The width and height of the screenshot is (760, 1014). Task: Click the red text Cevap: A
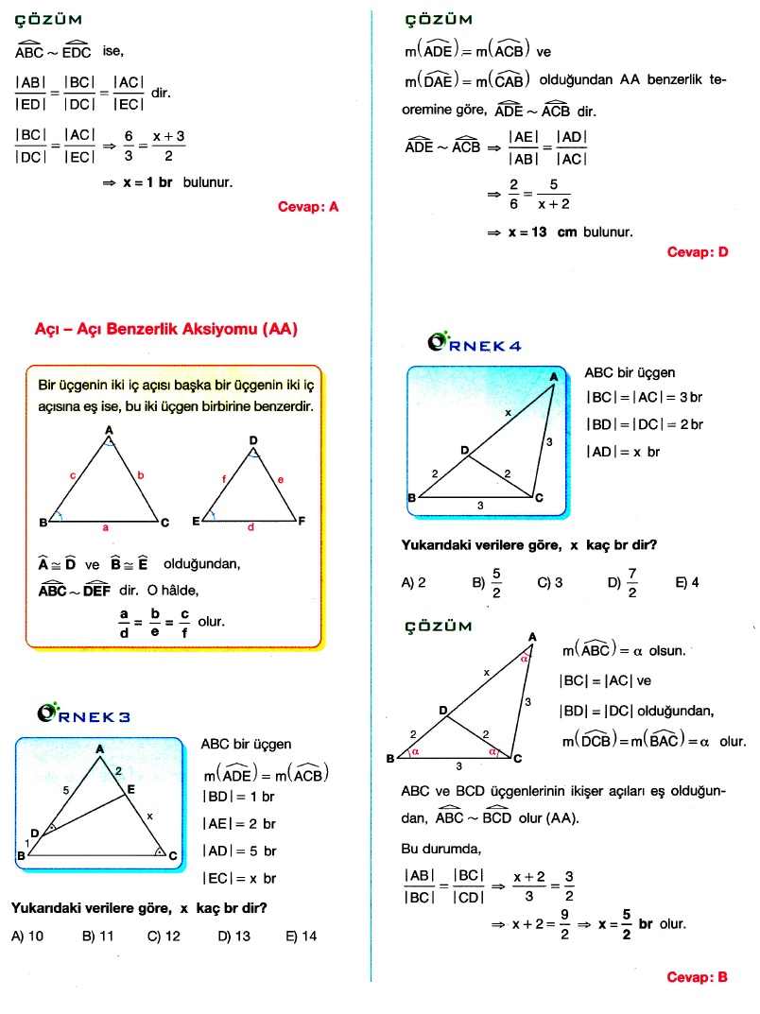coord(308,206)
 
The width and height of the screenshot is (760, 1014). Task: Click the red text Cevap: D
coord(698,252)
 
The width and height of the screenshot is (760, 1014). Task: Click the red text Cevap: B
coord(697,977)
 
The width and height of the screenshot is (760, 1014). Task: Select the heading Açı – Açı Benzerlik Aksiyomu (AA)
coord(165,330)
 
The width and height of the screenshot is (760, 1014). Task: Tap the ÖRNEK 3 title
coord(84,715)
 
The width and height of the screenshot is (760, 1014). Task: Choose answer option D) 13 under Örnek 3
coord(234,937)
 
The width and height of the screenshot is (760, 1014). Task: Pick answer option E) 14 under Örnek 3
coord(302,937)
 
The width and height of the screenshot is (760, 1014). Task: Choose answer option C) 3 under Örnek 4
coord(549,583)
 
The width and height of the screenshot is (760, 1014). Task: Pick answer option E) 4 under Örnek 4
coord(687,583)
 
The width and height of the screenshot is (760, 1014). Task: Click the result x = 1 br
coord(147,182)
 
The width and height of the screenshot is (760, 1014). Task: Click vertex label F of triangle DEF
coord(301,521)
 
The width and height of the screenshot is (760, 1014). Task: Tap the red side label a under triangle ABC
coord(106,528)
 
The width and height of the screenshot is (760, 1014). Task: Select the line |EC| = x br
coord(239,879)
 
